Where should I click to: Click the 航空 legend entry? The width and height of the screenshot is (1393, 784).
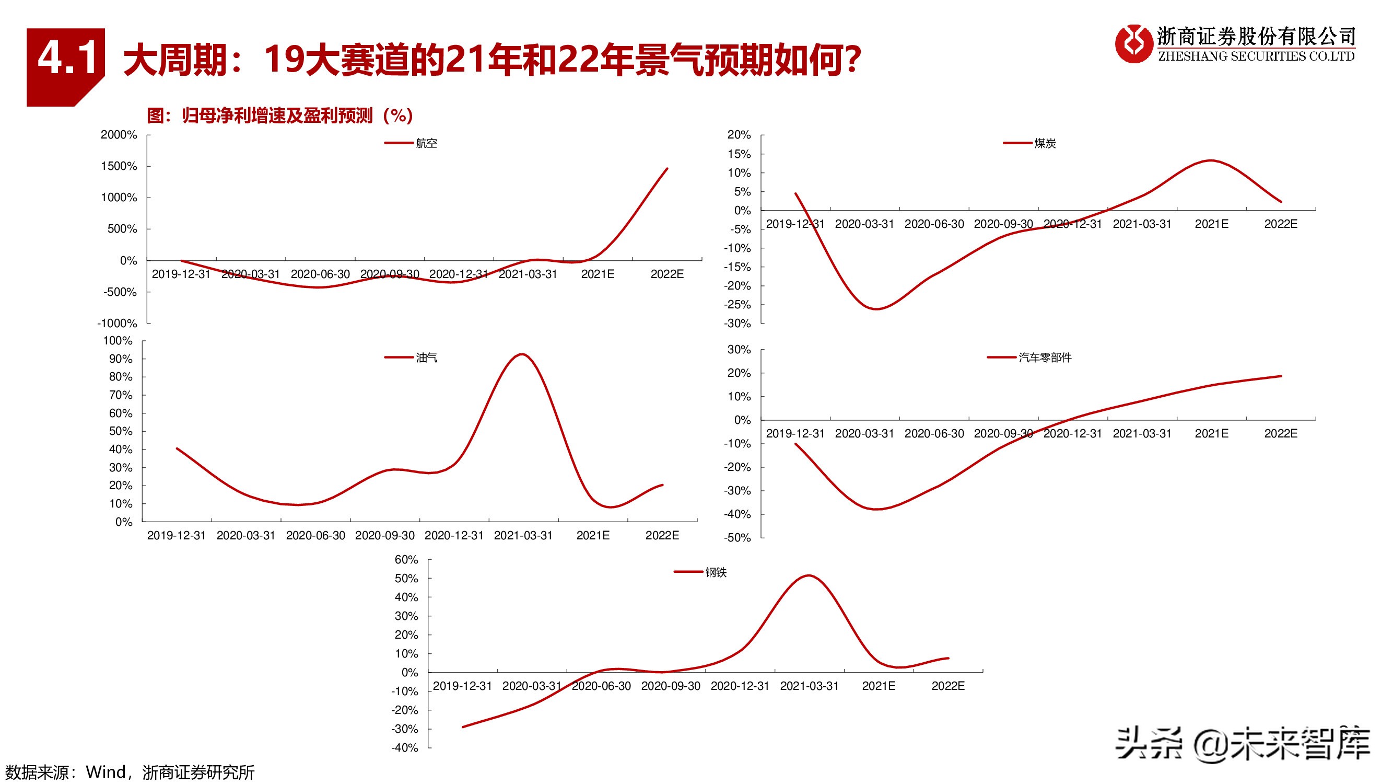point(426,143)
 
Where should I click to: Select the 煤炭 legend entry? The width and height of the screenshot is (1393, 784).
point(1044,143)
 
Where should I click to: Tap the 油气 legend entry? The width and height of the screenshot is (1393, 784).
point(426,358)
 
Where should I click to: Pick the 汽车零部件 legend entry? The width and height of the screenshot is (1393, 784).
point(1044,358)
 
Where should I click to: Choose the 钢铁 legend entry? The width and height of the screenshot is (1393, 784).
point(715,572)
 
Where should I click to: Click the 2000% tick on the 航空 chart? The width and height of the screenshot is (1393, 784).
point(119,135)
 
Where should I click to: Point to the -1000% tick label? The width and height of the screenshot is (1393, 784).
point(118,324)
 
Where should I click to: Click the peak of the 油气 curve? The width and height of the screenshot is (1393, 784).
point(522,354)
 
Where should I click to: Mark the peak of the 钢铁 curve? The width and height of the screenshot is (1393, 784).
point(809,575)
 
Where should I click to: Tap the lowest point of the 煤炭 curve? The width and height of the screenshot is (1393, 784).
point(876,309)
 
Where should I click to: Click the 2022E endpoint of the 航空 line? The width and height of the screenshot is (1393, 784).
point(667,169)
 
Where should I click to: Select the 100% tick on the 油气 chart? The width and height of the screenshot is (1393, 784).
point(118,341)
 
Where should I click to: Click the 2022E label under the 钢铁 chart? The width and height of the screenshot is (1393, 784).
point(948,686)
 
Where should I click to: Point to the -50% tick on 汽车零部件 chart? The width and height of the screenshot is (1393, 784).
point(738,538)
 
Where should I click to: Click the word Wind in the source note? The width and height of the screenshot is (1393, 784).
point(106,772)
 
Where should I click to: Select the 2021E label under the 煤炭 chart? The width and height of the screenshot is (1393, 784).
point(1211,224)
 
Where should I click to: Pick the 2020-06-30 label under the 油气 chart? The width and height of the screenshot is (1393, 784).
point(315,536)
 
